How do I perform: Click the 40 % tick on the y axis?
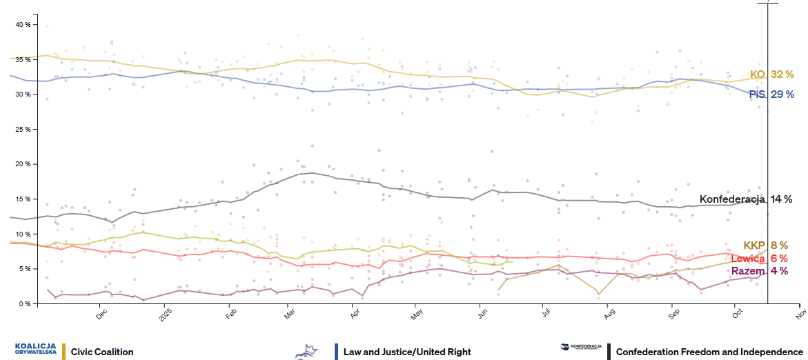[x=23, y=25]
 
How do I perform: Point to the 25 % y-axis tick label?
[x=23, y=129]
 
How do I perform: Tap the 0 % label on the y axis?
[x=25, y=303]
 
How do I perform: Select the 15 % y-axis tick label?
[x=23, y=199]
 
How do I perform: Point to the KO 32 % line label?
[x=767, y=74]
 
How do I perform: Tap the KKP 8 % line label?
[x=765, y=246]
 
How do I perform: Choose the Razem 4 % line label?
[x=759, y=270]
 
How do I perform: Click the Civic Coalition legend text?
[x=102, y=352]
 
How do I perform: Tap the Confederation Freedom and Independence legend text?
[x=704, y=352]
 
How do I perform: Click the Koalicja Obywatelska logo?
[x=35, y=349]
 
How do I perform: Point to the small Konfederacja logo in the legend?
[x=582, y=347]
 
